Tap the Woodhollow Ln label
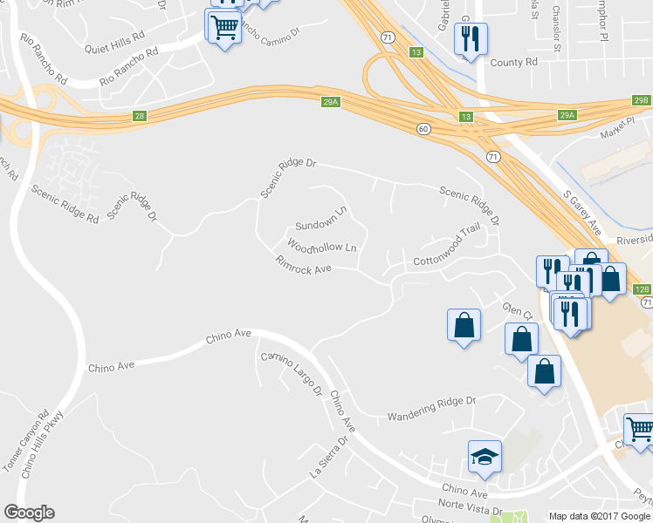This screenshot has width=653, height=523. [x=322, y=248]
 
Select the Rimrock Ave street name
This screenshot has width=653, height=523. [x=304, y=266]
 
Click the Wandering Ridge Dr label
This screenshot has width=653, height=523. [x=432, y=402]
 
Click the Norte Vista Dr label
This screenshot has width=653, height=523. [x=471, y=509]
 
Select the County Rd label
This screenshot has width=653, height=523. [x=513, y=63]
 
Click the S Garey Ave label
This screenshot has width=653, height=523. [x=583, y=214]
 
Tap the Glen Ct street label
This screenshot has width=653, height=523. [x=517, y=311]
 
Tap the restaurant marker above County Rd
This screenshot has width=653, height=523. [x=471, y=38]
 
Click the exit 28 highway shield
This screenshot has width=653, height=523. [x=140, y=116]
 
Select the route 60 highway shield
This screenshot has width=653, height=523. [x=423, y=129]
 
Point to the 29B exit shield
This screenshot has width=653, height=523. [x=643, y=102]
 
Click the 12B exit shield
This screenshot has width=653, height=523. [x=642, y=289]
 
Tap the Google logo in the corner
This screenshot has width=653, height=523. [x=29, y=513]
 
